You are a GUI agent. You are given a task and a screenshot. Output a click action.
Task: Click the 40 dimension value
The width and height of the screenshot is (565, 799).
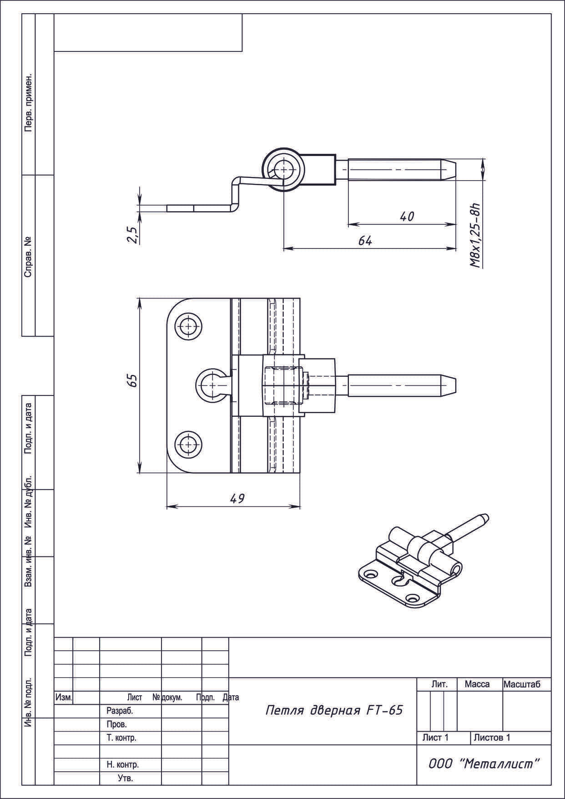click(407, 216)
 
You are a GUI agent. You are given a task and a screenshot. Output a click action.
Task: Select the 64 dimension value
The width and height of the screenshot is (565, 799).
click(365, 241)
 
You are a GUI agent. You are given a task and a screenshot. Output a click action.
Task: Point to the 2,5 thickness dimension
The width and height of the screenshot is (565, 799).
click(133, 235)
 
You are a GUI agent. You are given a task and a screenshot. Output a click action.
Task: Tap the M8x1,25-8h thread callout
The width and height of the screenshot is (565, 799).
click(476, 234)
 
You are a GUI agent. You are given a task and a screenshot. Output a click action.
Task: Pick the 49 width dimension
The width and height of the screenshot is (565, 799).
click(237, 499)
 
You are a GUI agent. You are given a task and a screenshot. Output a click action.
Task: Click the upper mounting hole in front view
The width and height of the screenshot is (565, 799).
click(188, 326)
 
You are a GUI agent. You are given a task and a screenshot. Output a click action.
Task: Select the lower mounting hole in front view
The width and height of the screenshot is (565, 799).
click(188, 444)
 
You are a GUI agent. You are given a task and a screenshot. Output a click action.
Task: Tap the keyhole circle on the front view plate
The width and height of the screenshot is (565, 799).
click(210, 385)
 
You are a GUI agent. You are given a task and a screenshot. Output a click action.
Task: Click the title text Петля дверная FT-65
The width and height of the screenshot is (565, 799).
click(334, 711)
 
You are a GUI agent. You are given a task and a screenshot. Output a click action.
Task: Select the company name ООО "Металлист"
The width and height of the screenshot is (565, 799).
click(484, 764)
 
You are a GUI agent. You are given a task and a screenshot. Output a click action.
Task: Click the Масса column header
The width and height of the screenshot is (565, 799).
click(477, 684)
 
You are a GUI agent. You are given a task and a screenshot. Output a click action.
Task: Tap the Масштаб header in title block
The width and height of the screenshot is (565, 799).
click(522, 684)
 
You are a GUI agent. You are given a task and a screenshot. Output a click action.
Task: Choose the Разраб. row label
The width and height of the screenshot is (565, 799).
click(119, 711)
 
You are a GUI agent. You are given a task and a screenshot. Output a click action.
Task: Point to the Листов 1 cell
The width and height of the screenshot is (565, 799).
click(492, 738)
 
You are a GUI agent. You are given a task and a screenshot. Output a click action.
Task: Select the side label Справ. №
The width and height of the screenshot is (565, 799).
click(28, 257)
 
